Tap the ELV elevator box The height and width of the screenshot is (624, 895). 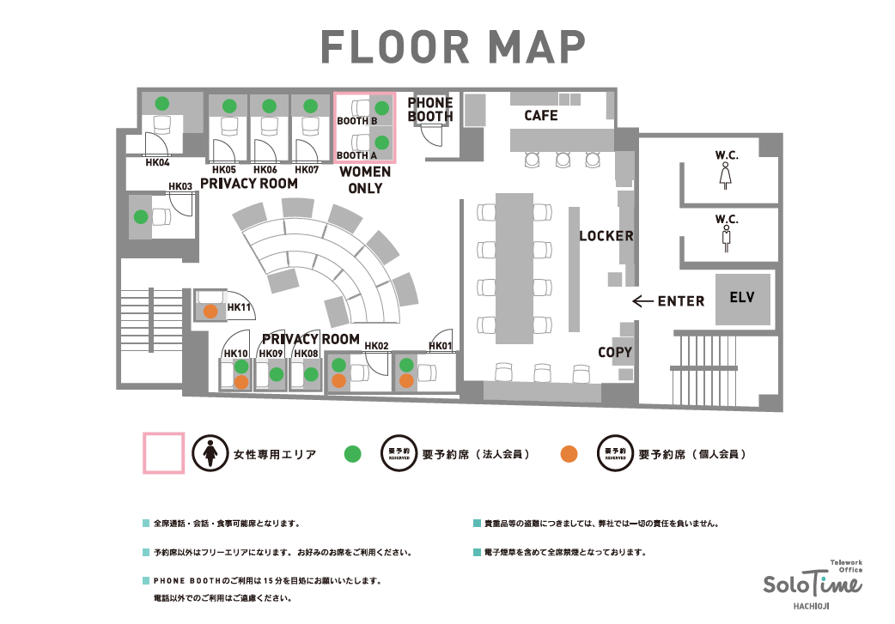743,299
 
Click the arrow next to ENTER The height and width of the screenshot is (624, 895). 642,300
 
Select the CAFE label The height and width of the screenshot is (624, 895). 541,115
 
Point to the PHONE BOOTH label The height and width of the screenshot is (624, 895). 430,110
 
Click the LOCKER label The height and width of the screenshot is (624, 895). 606,235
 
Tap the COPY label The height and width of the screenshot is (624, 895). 615,353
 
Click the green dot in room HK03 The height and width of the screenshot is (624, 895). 141,217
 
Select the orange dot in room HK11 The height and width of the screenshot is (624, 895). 210,312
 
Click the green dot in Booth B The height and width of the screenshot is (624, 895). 382,108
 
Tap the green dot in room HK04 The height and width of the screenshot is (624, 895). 162,103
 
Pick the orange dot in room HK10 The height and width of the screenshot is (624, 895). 241,382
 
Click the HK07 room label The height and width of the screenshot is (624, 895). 307,169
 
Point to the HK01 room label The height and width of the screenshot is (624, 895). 440,346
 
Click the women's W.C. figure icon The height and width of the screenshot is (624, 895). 726,176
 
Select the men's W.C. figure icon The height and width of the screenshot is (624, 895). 726,239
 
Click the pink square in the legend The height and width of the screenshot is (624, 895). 163,453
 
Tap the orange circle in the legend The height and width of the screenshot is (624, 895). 569,454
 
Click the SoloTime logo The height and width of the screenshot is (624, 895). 813,585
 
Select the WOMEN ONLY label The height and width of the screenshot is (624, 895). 365,179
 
